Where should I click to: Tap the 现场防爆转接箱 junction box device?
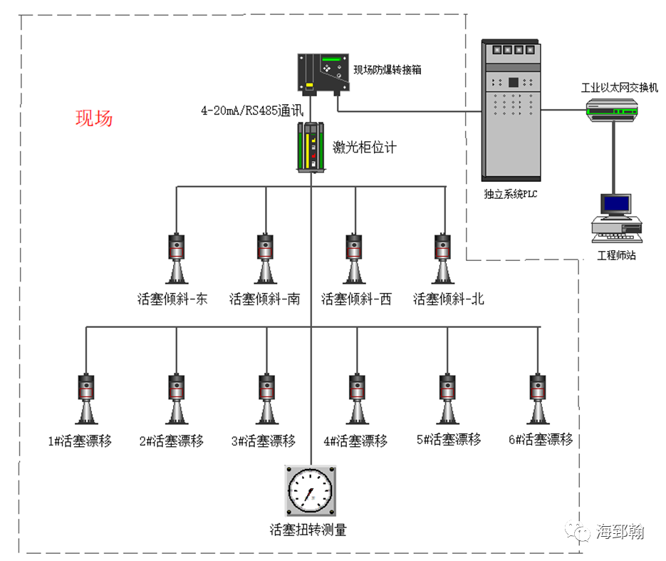tap(323, 73)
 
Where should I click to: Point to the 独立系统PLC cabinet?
tap(510, 113)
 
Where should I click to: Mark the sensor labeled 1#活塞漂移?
tap(86, 399)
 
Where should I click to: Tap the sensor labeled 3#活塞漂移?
tap(265, 399)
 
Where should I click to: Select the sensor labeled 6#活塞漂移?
tap(538, 399)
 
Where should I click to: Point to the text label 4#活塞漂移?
tap(355, 441)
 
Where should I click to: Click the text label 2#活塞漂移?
tap(171, 441)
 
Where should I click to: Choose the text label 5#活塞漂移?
tap(449, 440)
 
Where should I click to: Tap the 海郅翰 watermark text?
tap(620, 532)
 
